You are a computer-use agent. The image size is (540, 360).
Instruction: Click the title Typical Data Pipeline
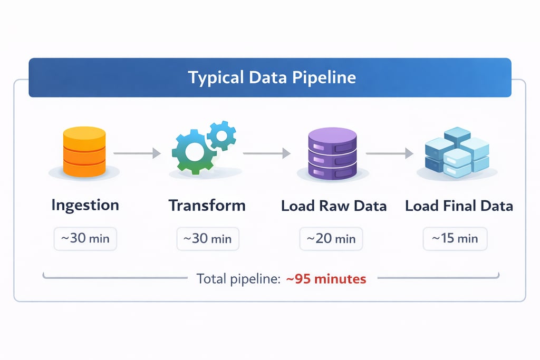click(272, 78)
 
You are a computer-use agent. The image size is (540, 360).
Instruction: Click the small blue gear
click(220, 135)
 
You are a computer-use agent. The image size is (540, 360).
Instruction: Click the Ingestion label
click(85, 206)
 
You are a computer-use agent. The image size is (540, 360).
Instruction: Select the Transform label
click(207, 206)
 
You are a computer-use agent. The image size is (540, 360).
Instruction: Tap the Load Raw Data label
click(334, 206)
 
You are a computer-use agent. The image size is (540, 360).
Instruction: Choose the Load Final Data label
click(459, 206)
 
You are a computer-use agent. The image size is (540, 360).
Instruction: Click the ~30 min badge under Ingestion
click(85, 239)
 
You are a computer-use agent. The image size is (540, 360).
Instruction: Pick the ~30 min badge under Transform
click(207, 239)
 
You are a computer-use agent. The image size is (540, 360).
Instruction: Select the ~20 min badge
click(331, 239)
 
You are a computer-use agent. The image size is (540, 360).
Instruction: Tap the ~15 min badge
click(455, 239)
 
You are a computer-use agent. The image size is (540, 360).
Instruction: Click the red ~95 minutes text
click(326, 279)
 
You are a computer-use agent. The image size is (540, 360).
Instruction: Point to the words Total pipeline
click(238, 279)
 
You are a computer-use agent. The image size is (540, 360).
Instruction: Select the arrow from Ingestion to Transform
click(137, 153)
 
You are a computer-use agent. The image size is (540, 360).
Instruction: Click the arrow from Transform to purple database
click(266, 153)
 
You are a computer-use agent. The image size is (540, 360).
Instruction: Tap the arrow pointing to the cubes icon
click(389, 153)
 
